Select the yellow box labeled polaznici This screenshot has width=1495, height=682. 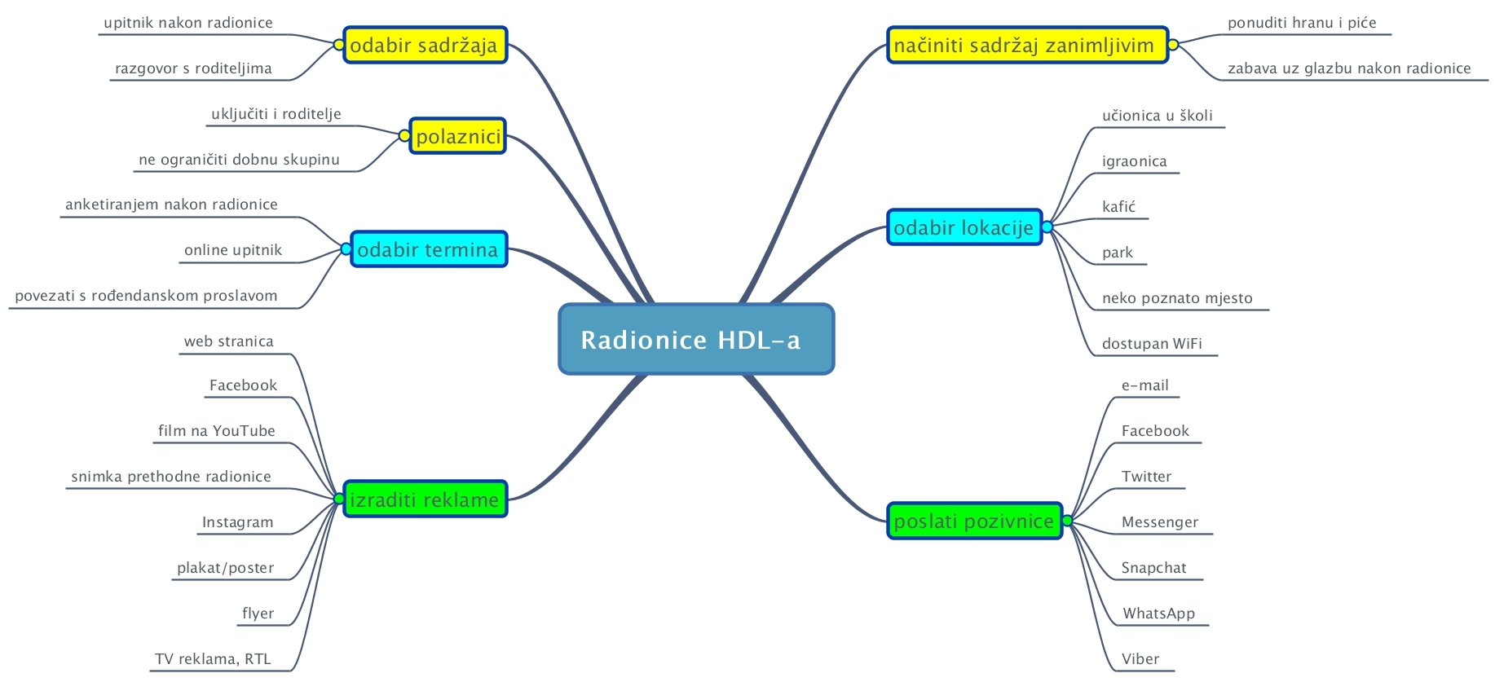457,136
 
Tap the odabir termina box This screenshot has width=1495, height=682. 429,249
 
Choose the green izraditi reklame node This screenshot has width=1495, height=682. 425,499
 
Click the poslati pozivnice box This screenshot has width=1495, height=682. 974,521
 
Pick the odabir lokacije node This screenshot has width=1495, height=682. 964,227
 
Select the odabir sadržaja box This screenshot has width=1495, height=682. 425,45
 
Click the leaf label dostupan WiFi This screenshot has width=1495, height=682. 1152,344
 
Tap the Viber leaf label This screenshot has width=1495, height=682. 1140,659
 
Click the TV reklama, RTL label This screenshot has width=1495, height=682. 213,659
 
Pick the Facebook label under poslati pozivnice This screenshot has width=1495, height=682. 1155,431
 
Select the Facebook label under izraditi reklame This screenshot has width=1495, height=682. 243,385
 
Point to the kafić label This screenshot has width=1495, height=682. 1118,207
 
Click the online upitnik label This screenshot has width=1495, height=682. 233,250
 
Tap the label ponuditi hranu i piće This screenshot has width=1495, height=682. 1302,23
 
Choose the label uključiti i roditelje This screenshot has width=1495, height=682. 276,114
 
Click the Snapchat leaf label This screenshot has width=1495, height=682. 1153,568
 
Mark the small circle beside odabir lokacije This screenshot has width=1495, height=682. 1047,227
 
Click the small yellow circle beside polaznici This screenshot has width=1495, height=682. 404,136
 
